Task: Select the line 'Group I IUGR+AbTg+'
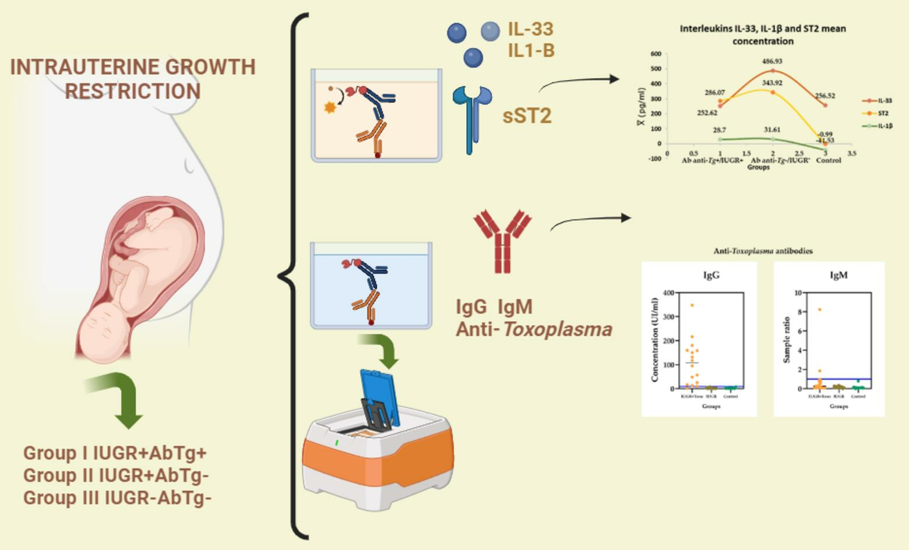click(x=115, y=453)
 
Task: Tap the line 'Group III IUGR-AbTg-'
click(x=117, y=498)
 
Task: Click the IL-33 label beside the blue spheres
click(x=530, y=29)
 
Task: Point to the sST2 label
click(x=527, y=116)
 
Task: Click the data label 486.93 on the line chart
click(x=772, y=61)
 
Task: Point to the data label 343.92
click(x=772, y=83)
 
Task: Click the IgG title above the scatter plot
click(x=711, y=276)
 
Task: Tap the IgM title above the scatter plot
click(x=838, y=276)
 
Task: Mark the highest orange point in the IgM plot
click(x=819, y=310)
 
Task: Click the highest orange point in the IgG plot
click(x=692, y=305)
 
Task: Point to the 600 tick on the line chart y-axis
click(x=656, y=54)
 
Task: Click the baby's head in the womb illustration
click(x=102, y=329)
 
